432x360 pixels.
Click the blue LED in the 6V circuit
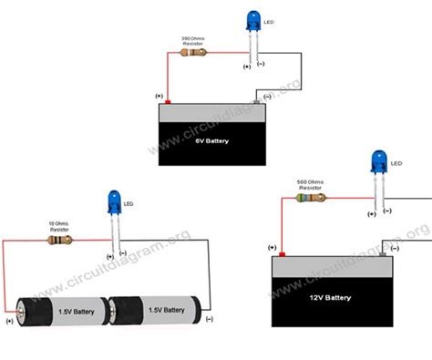253,21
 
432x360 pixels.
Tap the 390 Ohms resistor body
196,53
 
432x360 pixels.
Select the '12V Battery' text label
327,298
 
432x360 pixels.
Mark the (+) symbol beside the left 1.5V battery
9,320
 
